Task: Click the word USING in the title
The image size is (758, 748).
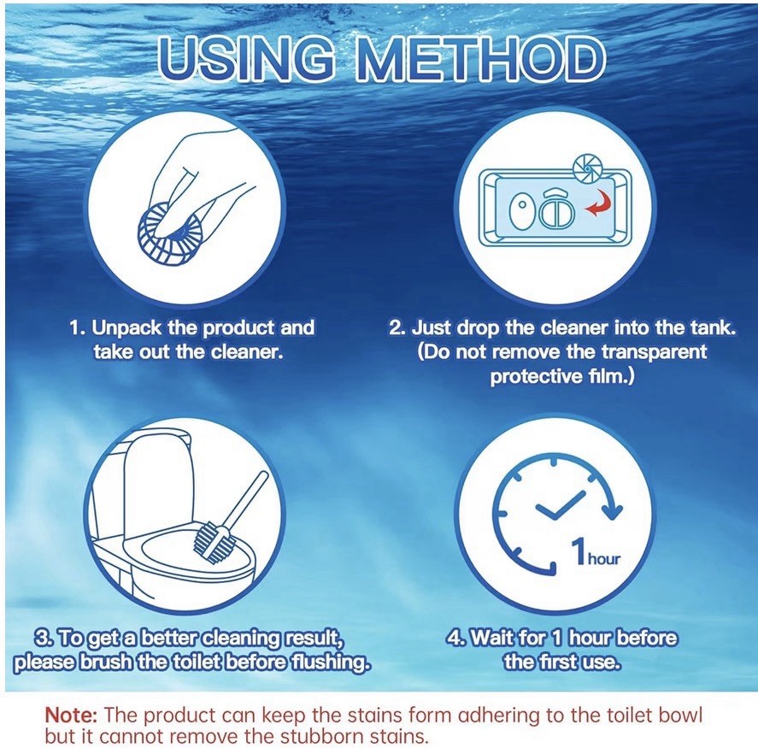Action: coord(247,59)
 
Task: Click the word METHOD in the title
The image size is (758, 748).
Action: coord(480,59)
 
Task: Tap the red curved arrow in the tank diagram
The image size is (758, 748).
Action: coord(598,203)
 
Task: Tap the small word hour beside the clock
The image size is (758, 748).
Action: coord(604,559)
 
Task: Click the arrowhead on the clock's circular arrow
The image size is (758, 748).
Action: coord(613,511)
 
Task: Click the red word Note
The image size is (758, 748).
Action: coord(71,714)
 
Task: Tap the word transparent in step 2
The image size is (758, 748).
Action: coord(654,351)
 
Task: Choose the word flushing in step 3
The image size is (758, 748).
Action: coord(330,662)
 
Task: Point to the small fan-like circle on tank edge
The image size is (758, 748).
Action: coord(586,170)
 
